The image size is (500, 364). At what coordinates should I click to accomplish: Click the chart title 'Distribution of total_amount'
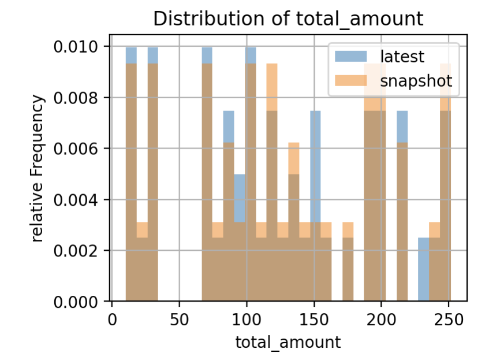[x=288, y=18]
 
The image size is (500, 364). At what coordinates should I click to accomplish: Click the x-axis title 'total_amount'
[x=288, y=342]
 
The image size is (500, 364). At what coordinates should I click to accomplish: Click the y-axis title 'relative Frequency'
[x=38, y=169]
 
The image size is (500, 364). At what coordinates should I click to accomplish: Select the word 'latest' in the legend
[x=402, y=57]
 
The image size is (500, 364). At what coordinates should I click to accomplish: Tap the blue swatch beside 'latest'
[x=351, y=57]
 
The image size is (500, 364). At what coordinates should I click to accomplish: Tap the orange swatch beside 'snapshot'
[x=351, y=81]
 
